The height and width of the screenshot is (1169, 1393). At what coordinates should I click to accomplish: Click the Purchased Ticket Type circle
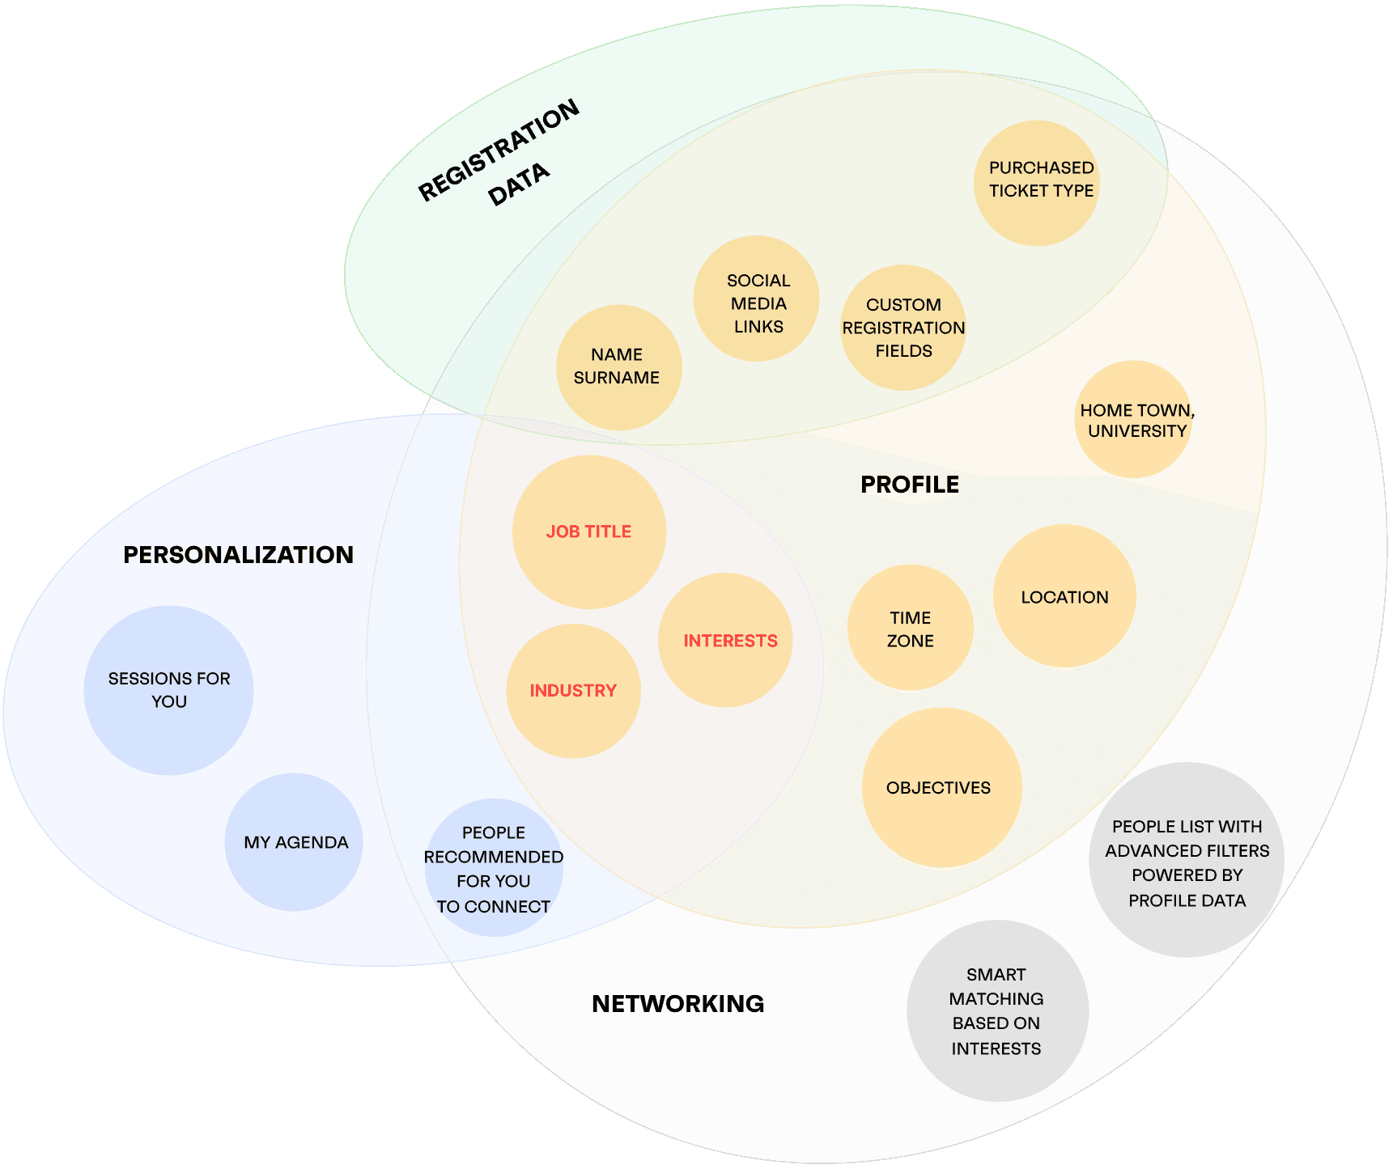pyautogui.click(x=1037, y=183)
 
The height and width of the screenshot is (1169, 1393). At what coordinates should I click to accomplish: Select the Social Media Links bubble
pyautogui.click(x=757, y=299)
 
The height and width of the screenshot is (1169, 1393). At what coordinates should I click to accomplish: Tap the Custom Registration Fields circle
pyautogui.click(x=903, y=328)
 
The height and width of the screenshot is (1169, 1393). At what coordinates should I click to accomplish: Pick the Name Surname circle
pyautogui.click(x=618, y=367)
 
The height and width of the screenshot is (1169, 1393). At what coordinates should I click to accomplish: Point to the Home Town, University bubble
pyautogui.click(x=1135, y=419)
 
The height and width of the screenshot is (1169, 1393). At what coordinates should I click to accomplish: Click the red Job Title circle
pyautogui.click(x=589, y=532)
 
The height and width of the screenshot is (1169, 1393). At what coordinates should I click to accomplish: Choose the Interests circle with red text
pyautogui.click(x=726, y=640)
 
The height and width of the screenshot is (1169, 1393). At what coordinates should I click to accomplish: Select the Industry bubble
pyautogui.click(x=573, y=691)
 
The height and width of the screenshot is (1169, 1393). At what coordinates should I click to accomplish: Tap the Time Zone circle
pyautogui.click(x=910, y=628)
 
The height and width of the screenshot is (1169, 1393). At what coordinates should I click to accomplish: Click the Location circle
pyautogui.click(x=1064, y=596)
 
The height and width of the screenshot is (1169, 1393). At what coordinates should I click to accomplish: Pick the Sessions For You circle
pyautogui.click(x=168, y=690)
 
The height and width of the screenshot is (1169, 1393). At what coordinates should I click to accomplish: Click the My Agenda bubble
pyautogui.click(x=294, y=842)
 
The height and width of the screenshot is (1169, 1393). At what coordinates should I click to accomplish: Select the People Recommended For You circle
pyautogui.click(x=493, y=868)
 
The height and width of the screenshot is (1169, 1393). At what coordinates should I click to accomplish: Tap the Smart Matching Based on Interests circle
pyautogui.click(x=997, y=1010)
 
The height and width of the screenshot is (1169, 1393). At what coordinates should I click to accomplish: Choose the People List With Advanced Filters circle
pyautogui.click(x=1187, y=861)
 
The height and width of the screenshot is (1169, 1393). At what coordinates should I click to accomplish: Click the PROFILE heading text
pyautogui.click(x=910, y=485)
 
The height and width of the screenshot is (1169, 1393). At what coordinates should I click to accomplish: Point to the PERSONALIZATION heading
pyautogui.click(x=238, y=554)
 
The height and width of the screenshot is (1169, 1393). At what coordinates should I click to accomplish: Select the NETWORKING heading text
pyautogui.click(x=677, y=1003)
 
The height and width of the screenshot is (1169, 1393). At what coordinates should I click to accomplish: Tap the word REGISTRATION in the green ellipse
pyautogui.click(x=499, y=150)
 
